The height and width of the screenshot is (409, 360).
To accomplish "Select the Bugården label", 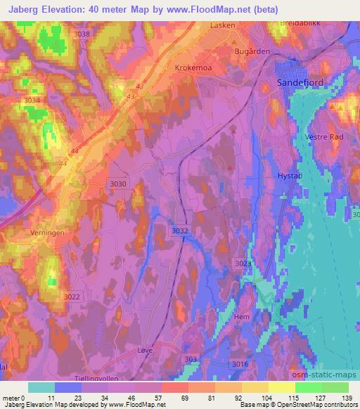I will coord(251,52).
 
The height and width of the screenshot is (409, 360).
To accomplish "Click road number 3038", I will coord(82,34).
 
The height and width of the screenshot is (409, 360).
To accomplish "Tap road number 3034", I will coord(32,100).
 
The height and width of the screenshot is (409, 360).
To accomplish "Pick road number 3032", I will coord(180,230).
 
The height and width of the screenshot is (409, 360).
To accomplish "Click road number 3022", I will coord(72,297).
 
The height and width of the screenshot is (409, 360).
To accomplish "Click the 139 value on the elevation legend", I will coord(347,397).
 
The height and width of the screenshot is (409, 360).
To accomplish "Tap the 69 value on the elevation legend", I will coord(184,397).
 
